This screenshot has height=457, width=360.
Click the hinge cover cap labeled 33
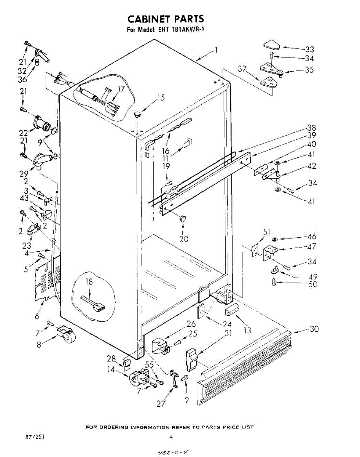[271, 45]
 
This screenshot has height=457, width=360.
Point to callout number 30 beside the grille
[314, 329]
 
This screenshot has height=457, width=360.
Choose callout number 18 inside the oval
[89, 282]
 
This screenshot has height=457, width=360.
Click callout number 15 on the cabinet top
[161, 98]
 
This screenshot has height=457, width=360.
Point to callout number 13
[247, 330]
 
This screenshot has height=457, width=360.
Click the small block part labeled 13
[232, 312]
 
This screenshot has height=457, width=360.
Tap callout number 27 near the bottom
[161, 403]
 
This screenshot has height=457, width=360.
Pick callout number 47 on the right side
[312, 247]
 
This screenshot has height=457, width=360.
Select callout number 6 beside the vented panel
[37, 316]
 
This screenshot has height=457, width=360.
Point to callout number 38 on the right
[312, 128]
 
